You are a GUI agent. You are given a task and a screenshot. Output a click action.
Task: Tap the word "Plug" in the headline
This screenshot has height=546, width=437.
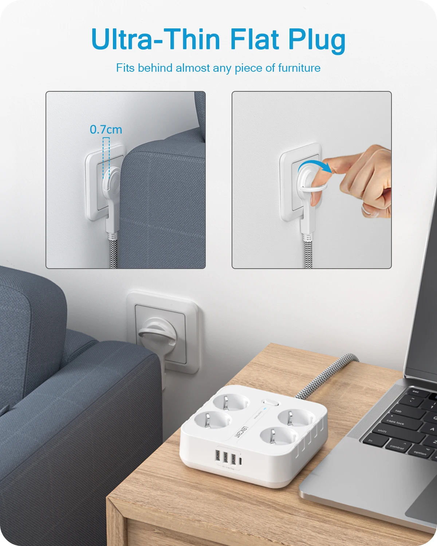317,40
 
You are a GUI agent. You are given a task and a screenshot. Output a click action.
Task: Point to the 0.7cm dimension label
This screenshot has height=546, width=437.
106,130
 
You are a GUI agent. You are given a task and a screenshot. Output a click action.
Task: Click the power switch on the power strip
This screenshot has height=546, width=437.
270,403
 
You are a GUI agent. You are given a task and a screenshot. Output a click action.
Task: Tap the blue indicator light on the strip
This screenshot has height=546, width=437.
265,409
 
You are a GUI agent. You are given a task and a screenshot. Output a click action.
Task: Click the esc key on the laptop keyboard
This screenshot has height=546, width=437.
415,392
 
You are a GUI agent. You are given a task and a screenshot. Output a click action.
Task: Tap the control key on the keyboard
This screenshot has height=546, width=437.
397,447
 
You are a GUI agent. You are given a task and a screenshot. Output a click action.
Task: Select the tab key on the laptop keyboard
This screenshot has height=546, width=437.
398,411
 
